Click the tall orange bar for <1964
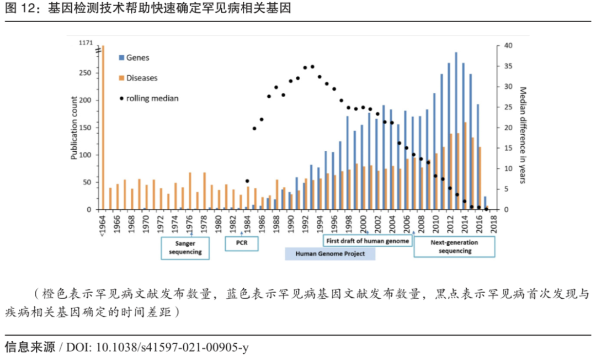click(x=103, y=127)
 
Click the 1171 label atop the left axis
click(x=86, y=43)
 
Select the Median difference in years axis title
click(x=522, y=135)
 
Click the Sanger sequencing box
click(x=185, y=247)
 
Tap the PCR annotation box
click(x=242, y=243)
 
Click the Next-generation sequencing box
click(x=455, y=246)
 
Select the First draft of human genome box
click(x=366, y=241)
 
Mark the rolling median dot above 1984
click(x=247, y=181)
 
